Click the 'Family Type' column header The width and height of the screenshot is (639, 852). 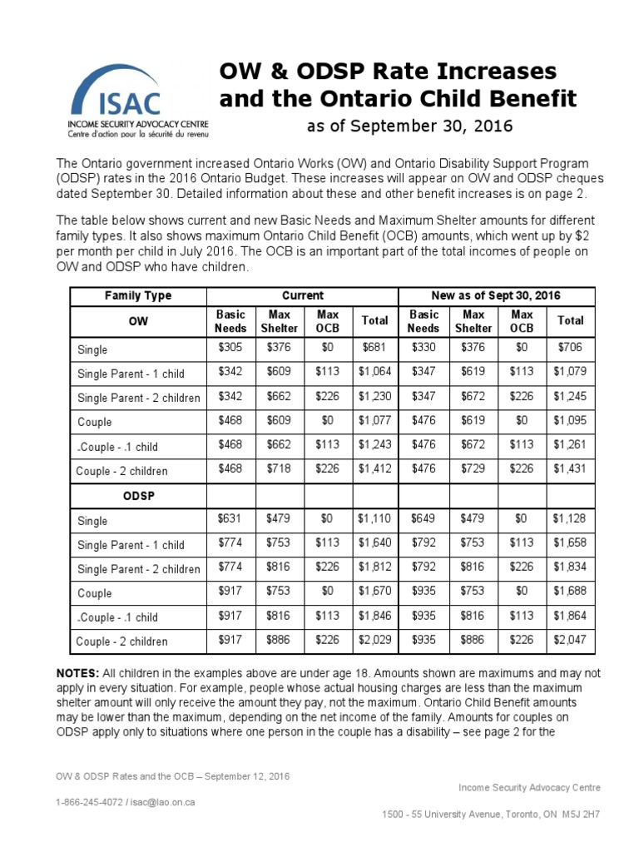pyautogui.click(x=138, y=295)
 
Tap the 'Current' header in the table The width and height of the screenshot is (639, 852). pyautogui.click(x=303, y=295)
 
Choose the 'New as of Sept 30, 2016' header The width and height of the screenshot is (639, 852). pyautogui.click(x=497, y=295)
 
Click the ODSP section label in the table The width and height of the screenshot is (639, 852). pyautogui.click(x=138, y=494)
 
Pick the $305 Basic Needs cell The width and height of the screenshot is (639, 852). pyautogui.click(x=230, y=349)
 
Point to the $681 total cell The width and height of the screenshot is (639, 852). pyautogui.click(x=374, y=349)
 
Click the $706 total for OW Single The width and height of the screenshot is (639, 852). pyautogui.click(x=570, y=349)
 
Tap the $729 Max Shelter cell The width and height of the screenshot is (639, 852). pyautogui.click(x=473, y=470)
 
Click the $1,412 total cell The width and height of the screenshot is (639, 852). pyautogui.click(x=374, y=470)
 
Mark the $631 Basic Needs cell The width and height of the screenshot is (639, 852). pyautogui.click(x=230, y=519)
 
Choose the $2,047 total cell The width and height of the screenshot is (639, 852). pyautogui.click(x=570, y=640)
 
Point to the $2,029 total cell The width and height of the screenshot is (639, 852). pyautogui.click(x=374, y=640)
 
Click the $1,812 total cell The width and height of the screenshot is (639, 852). pyautogui.click(x=374, y=567)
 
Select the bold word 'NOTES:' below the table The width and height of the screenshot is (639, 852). pyautogui.click(x=78, y=672)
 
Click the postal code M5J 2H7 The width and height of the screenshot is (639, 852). pyautogui.click(x=580, y=814)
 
